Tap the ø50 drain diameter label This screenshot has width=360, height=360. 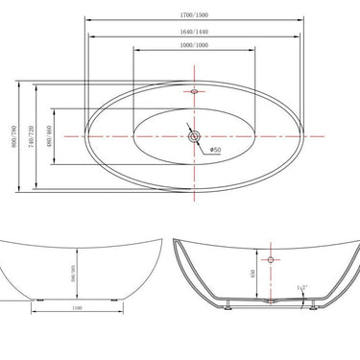click(216, 150)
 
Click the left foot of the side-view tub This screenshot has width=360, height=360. click(35, 299)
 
